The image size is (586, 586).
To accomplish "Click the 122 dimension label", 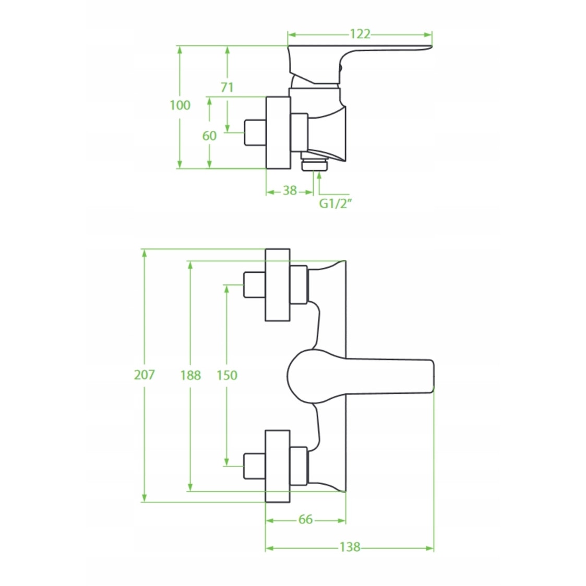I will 360,34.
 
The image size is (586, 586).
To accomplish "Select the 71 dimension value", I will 227,87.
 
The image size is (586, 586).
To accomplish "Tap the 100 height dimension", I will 180,105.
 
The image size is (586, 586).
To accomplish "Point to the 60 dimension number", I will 209,136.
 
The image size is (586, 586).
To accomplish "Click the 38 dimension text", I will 290,190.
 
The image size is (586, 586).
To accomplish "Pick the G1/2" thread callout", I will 336,204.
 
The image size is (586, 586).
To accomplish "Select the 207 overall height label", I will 144,374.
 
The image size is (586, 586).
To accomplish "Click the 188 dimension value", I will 190,375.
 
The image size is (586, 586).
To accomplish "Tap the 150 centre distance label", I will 226,375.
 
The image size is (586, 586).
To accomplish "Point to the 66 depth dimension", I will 306,519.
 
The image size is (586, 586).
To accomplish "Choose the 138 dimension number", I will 350,547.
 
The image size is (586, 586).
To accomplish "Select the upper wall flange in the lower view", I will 278,284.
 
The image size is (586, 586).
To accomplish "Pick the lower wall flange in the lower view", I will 278,466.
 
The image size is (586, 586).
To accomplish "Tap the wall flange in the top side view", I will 278,132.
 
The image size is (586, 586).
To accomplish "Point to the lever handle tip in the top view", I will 423,49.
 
